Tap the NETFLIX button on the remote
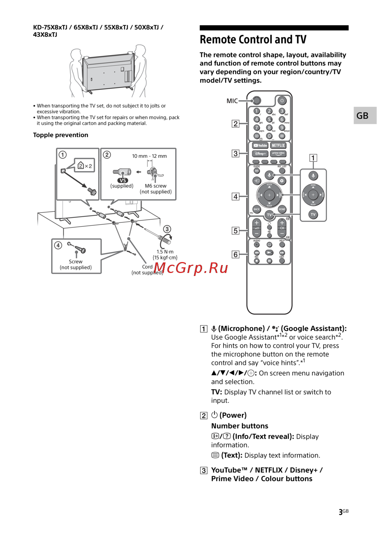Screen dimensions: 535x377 [278, 145]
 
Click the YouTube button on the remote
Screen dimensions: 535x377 [260, 145]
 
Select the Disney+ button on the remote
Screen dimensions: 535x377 [260, 154]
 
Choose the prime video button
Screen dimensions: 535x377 [278, 154]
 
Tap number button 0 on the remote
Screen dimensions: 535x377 [269, 136]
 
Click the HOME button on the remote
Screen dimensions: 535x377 [282, 209]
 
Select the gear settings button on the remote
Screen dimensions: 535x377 [282, 181]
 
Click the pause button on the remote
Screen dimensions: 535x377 [269, 261]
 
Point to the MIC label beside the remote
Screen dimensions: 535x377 [232, 101]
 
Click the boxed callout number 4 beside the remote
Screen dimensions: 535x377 [236, 196]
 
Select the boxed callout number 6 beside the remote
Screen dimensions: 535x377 [236, 254]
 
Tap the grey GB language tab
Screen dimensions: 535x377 [363, 116]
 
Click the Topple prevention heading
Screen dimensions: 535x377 [61, 135]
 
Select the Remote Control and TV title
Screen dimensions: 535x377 [253, 40]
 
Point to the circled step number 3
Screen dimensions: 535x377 [167, 229]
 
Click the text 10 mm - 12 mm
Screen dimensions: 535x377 [149, 156]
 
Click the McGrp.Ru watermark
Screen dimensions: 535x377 [191, 268]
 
